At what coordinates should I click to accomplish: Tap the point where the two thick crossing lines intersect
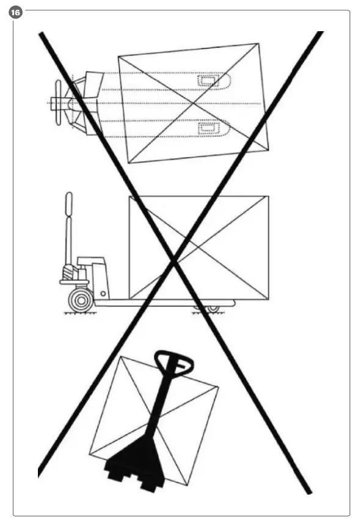click(175, 261)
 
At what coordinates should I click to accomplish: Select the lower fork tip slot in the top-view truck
click(212, 126)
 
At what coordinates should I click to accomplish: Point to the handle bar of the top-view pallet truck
click(59, 103)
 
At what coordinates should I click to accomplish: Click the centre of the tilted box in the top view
click(193, 103)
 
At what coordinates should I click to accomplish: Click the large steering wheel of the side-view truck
click(80, 299)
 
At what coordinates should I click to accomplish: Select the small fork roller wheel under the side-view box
click(212, 308)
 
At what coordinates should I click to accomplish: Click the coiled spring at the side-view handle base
click(69, 269)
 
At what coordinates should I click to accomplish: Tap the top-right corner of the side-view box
click(268, 197)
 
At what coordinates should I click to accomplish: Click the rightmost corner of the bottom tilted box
click(218, 387)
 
